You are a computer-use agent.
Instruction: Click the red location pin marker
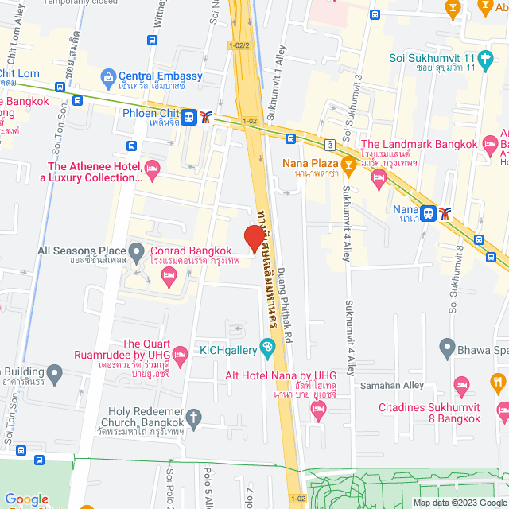[x=254, y=238]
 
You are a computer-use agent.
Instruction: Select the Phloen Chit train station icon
[x=188, y=117]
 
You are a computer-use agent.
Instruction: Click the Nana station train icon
[x=429, y=212]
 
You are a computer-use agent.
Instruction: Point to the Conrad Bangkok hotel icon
[x=168, y=275]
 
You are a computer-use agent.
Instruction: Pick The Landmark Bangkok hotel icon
[x=379, y=176]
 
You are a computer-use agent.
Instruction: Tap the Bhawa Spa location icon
[x=448, y=348]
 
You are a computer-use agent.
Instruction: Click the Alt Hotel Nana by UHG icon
[x=319, y=410]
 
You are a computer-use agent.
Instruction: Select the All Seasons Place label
[x=82, y=251]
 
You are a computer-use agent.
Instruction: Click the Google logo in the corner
[x=26, y=499]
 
